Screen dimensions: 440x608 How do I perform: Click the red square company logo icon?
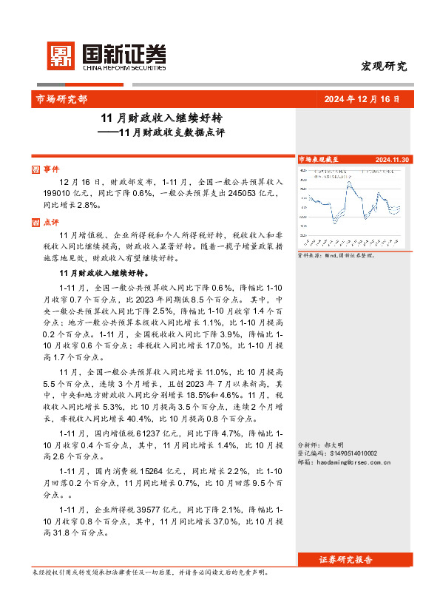61,55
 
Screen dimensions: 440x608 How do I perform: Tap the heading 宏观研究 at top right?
384,66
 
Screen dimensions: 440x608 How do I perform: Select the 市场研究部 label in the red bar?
61,98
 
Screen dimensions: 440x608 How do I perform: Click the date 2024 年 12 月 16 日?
362,98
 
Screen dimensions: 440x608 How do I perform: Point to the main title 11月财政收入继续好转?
162,118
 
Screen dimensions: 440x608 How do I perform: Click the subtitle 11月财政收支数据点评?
171,133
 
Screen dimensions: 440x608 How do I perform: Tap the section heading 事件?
51,168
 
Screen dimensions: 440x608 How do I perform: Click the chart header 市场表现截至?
317,159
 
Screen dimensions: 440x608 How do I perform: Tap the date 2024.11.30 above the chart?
393,159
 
